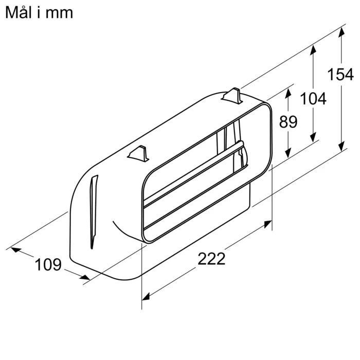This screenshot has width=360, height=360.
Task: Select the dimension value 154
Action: pyautogui.click(x=340, y=75)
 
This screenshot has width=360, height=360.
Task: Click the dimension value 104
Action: pyautogui.click(x=313, y=98)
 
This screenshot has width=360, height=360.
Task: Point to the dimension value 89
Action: pyautogui.click(x=289, y=122)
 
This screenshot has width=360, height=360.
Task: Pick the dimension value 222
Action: pyautogui.click(x=211, y=259)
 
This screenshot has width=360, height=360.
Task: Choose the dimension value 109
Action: pyautogui.click(x=48, y=265)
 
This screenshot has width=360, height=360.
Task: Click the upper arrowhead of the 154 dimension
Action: pyautogui.click(x=340, y=32)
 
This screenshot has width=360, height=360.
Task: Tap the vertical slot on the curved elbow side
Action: pyautogui.click(x=93, y=211)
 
